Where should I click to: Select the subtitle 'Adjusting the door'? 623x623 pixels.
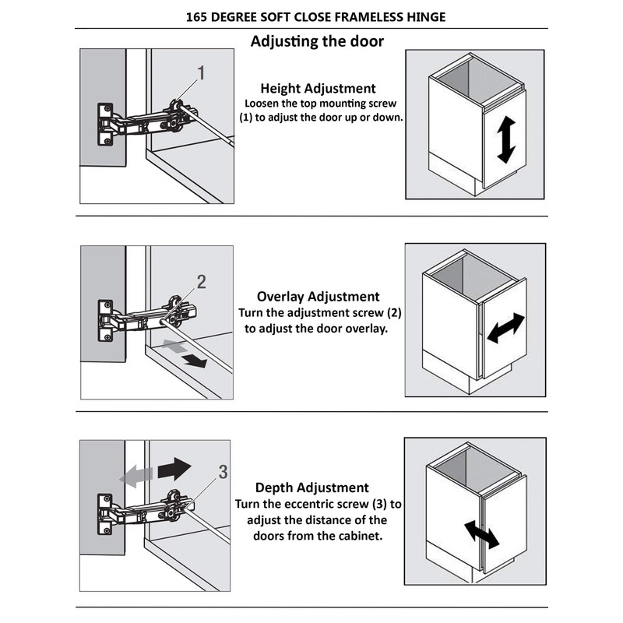[317, 41]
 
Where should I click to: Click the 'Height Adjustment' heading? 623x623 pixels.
[318, 88]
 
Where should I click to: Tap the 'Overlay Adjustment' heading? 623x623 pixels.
[318, 297]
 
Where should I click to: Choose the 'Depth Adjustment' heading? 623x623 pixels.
[311, 487]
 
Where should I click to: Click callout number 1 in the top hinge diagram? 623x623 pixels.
[201, 74]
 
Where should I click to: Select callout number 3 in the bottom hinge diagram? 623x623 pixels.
[223, 472]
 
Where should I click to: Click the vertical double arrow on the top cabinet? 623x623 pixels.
[505, 139]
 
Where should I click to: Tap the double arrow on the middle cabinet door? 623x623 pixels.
[506, 327]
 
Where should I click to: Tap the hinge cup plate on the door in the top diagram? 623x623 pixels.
[104, 125]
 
